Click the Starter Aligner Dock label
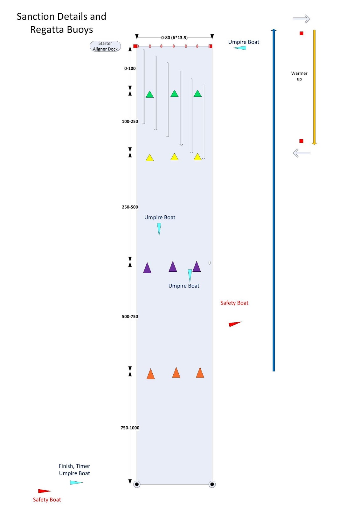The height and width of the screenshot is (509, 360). pos(105,46)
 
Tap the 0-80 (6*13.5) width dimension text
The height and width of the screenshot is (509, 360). pos(174,38)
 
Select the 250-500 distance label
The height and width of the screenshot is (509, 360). pos(130,207)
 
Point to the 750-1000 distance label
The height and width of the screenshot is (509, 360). pos(130,428)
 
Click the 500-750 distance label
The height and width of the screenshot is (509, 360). pos(130,317)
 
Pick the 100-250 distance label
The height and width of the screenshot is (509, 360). pos(130,122)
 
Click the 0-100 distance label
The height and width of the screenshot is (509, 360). pos(130,68)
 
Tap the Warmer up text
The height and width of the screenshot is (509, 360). pos(299,76)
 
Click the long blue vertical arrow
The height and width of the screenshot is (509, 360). pos(273,200)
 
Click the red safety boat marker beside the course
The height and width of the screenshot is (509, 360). pos(235,324)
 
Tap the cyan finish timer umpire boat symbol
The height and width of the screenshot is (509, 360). pos(76,483)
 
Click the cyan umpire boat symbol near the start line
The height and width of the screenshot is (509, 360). pos(240,48)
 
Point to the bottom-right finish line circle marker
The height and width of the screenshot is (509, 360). pos(212,484)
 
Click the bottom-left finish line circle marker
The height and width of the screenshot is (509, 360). pos(137,484)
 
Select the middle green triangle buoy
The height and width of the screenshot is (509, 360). pos(174,94)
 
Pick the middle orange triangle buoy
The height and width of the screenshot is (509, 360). pos(176,373)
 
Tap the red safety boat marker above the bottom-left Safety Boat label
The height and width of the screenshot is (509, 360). pos(44,491)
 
